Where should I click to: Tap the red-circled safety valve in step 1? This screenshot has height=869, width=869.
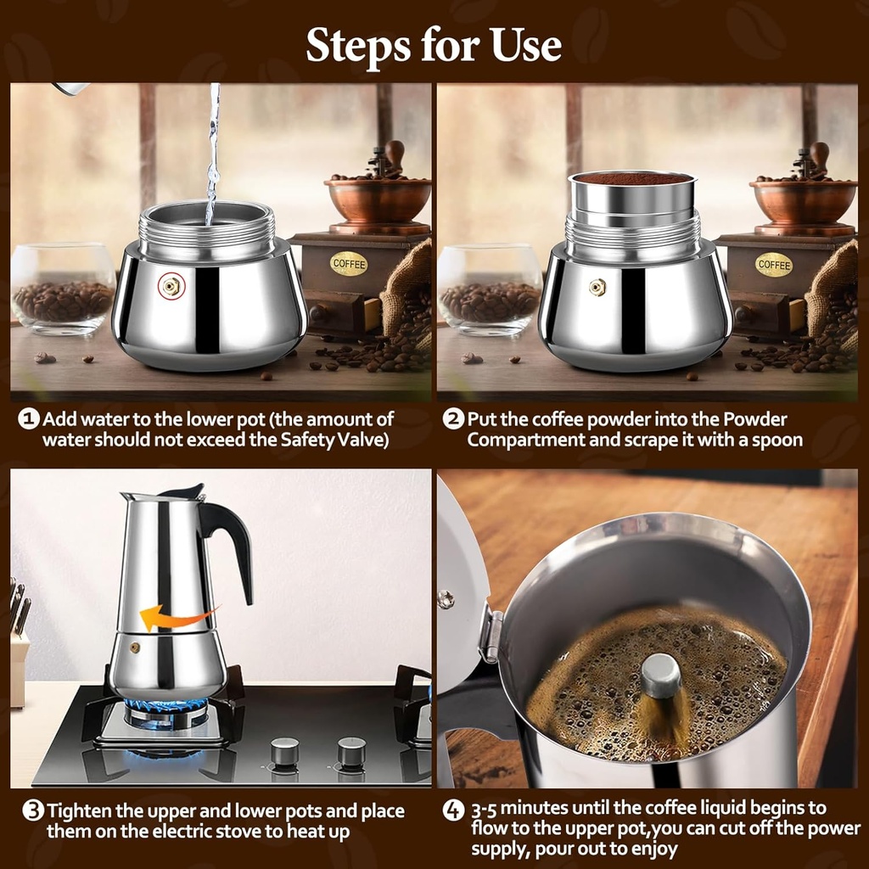click(x=172, y=287)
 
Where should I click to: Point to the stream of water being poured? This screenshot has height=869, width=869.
click(x=212, y=153)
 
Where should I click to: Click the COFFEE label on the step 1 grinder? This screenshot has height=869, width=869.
click(x=349, y=263)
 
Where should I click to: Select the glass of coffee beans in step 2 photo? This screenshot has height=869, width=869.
click(x=490, y=290)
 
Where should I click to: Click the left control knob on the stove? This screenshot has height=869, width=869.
click(x=284, y=751)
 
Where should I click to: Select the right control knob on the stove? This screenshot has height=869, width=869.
click(x=351, y=751)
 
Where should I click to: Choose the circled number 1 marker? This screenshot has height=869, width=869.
click(x=30, y=419)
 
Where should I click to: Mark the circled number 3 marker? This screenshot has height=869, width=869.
click(x=33, y=811)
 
